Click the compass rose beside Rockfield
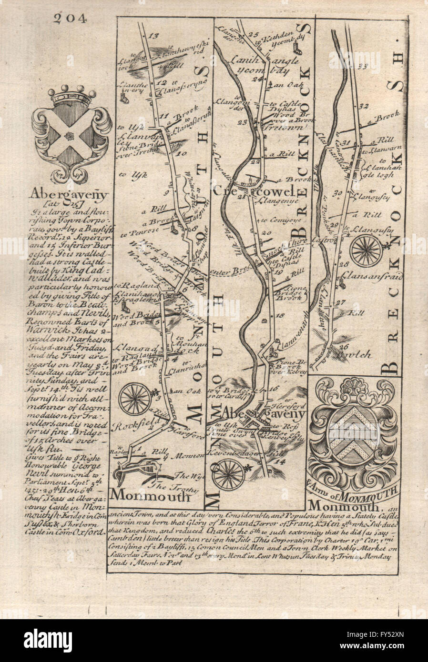(135, 399)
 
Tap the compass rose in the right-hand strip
(366, 250)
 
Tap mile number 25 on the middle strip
(253, 34)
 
